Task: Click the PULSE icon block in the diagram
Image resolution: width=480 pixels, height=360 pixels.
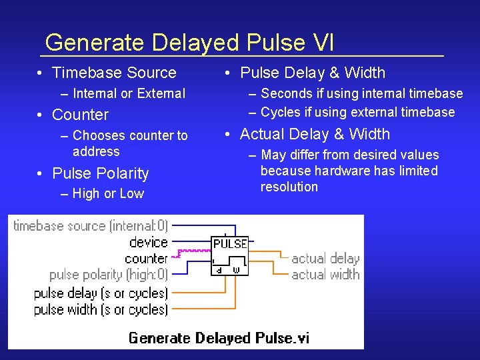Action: [x=230, y=255]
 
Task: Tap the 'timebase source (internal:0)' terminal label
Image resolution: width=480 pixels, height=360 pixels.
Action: [x=91, y=226]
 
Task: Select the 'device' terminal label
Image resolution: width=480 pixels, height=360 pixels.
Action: [x=148, y=242]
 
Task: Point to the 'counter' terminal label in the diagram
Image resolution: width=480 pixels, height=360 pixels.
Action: [x=145, y=258]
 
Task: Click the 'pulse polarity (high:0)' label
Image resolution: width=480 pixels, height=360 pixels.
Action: [x=109, y=275]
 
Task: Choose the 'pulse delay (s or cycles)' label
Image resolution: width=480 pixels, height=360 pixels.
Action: [x=101, y=293]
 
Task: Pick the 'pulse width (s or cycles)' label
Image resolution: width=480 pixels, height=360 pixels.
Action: [x=101, y=309]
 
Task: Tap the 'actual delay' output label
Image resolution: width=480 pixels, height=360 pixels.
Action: [x=325, y=259]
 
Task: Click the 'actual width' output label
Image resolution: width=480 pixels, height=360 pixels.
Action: [x=325, y=274]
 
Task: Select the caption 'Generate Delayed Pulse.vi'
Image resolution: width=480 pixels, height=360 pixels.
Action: [x=219, y=338]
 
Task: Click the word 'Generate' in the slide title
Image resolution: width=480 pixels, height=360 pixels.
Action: [x=95, y=43]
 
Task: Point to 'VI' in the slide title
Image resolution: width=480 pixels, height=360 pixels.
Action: [x=323, y=43]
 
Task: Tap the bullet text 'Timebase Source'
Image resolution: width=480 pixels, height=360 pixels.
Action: [x=114, y=73]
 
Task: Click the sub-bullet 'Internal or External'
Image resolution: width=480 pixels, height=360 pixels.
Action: [x=129, y=93]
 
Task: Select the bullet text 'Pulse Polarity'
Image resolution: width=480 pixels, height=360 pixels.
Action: [x=100, y=173]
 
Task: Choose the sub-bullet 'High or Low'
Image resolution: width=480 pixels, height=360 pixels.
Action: [x=108, y=193]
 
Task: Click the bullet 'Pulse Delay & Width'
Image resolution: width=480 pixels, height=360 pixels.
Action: [x=312, y=73]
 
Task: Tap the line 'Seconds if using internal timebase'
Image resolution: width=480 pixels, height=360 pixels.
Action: [x=361, y=93]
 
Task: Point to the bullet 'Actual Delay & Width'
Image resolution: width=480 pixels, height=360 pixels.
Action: [x=315, y=134]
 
